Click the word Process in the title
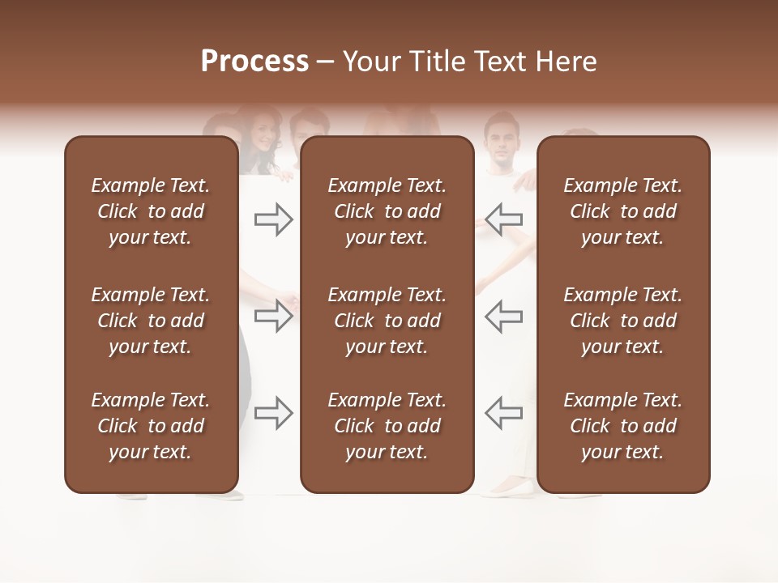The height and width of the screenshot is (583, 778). pyautogui.click(x=254, y=62)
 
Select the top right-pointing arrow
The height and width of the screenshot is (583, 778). pyautogui.click(x=273, y=219)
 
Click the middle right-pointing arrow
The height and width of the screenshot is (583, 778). pyautogui.click(x=273, y=316)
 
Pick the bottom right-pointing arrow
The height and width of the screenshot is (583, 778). pyautogui.click(x=273, y=413)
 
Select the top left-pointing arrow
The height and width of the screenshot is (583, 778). pyautogui.click(x=504, y=219)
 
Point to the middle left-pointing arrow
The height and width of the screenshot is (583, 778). pyautogui.click(x=504, y=316)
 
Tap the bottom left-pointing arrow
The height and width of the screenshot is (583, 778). pyautogui.click(x=504, y=413)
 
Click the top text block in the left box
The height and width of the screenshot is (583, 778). pyautogui.click(x=151, y=211)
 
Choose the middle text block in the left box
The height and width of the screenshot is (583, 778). pyautogui.click(x=151, y=321)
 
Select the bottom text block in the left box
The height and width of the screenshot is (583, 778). pyautogui.click(x=151, y=426)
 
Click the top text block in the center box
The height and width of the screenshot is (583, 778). pyautogui.click(x=387, y=211)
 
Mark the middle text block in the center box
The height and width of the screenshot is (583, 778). pyautogui.click(x=387, y=321)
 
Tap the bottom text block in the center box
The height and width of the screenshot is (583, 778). pyautogui.click(x=387, y=426)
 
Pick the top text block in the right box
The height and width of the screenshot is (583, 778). pyautogui.click(x=622, y=211)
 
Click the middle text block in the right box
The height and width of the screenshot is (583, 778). pyautogui.click(x=622, y=321)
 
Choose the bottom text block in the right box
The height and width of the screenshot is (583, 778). pyautogui.click(x=622, y=426)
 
